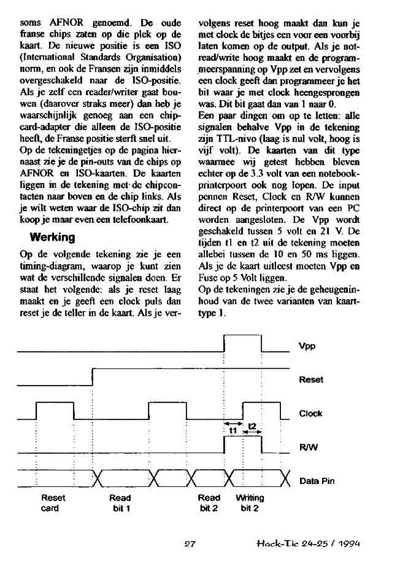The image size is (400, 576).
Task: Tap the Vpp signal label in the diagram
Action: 307,346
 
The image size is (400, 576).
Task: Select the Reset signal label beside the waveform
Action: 310,379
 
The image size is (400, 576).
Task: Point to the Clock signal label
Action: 310,413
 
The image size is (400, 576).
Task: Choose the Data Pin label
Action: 317,481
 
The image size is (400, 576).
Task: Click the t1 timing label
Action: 233,430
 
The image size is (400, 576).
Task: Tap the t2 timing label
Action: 252,426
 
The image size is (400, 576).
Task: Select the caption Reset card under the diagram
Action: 53,503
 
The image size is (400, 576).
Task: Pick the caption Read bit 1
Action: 120,503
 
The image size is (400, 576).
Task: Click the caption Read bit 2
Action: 209,503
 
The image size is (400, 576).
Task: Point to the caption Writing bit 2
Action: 250,503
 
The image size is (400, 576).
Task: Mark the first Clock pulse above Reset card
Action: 55,404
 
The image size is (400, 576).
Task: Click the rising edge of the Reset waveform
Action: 92,376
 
